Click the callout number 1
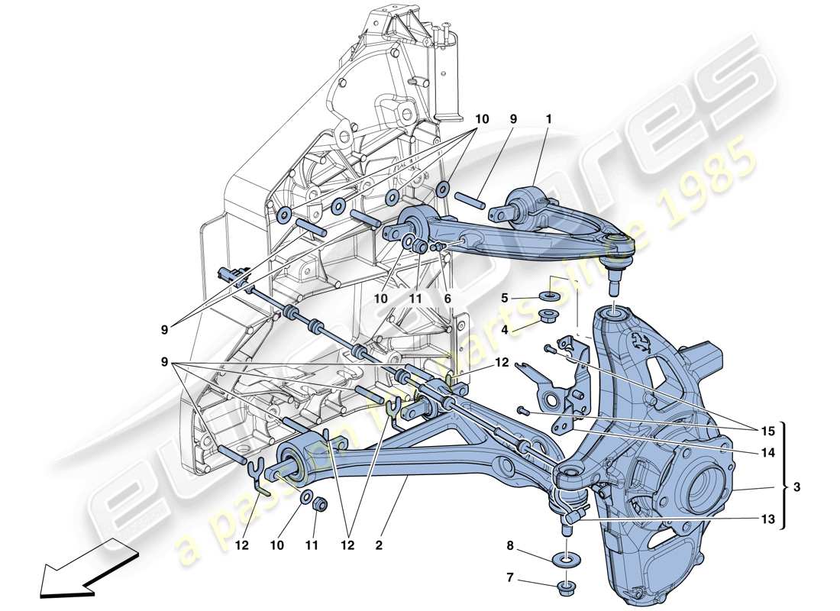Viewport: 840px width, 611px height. tap(548, 120)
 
